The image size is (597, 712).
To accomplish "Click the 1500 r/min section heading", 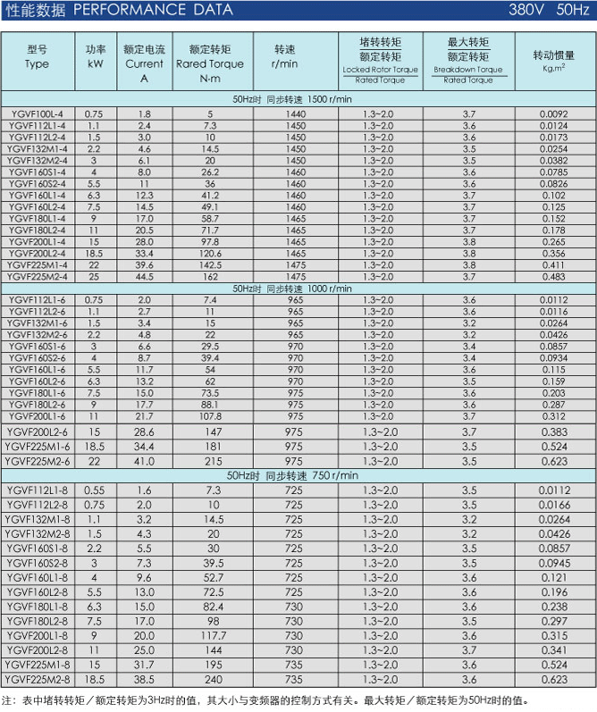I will point(298,101).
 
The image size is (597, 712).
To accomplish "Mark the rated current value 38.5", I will point(144,679).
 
